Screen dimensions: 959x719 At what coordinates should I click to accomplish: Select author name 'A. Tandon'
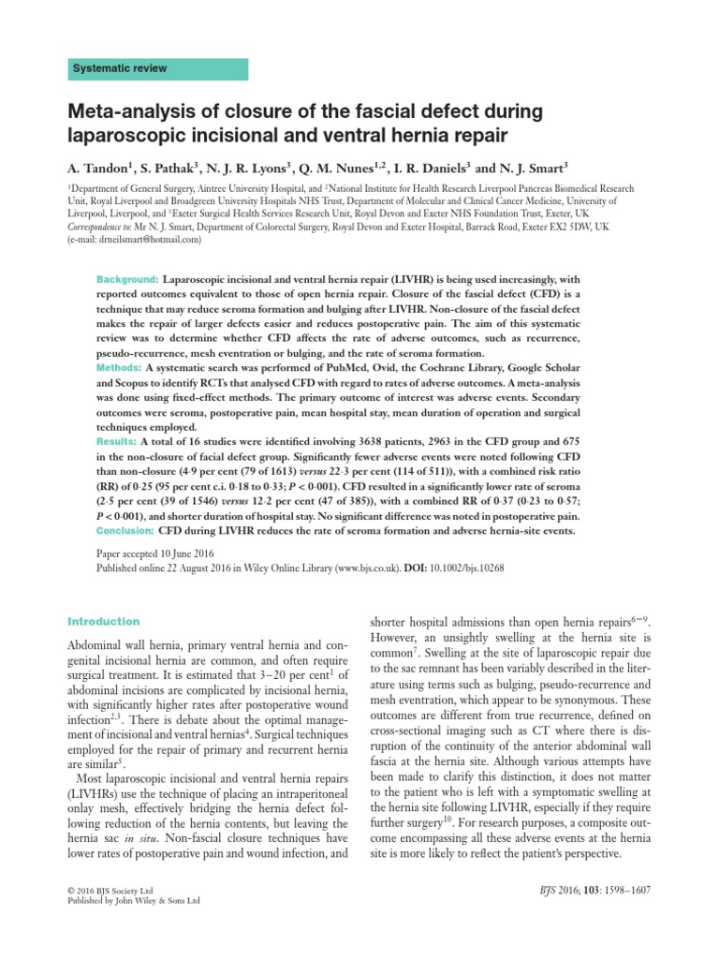click(x=100, y=170)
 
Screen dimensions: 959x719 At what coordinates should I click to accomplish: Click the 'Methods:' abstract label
click(x=119, y=368)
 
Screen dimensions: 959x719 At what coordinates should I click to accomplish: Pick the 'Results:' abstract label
click(x=118, y=440)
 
